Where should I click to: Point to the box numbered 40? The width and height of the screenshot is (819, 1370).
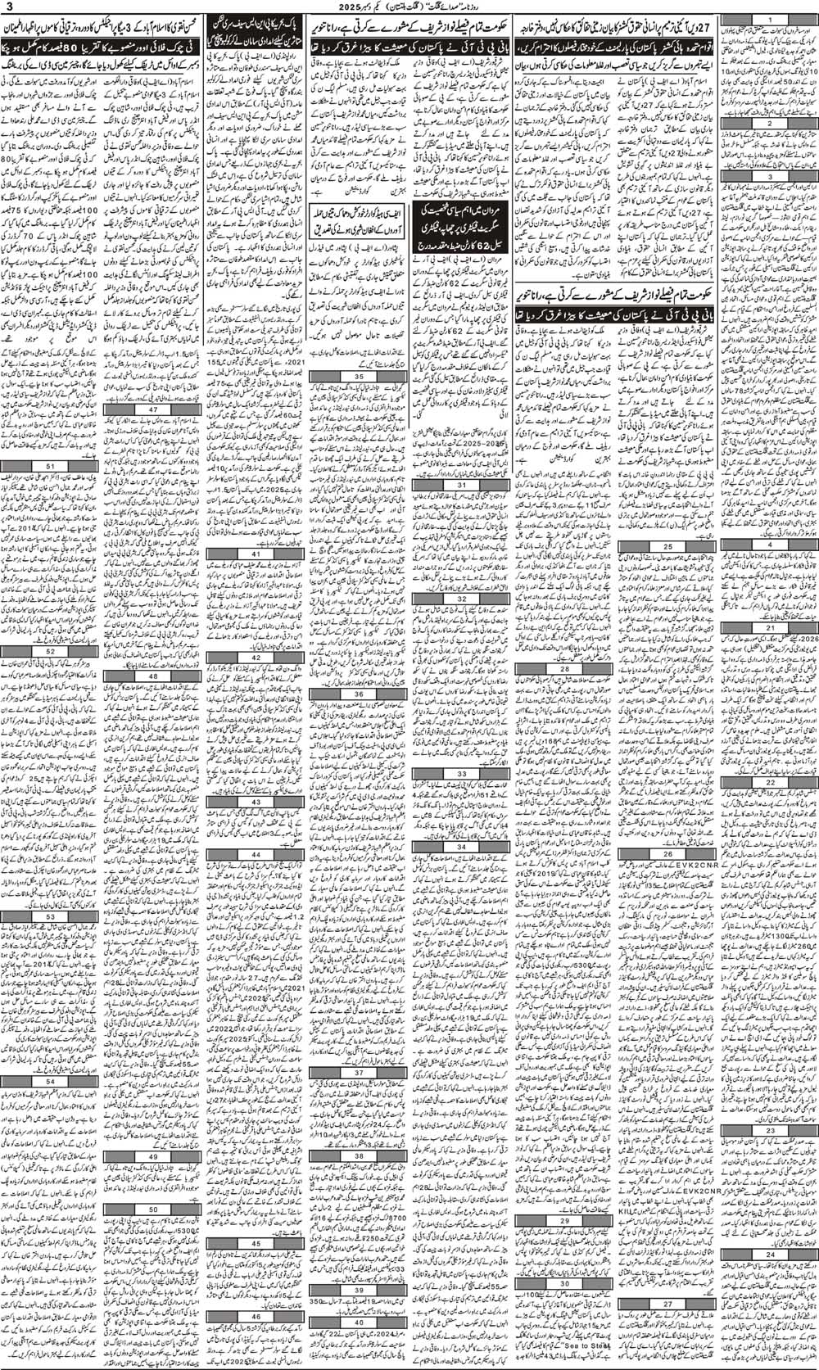(360, 1345)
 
